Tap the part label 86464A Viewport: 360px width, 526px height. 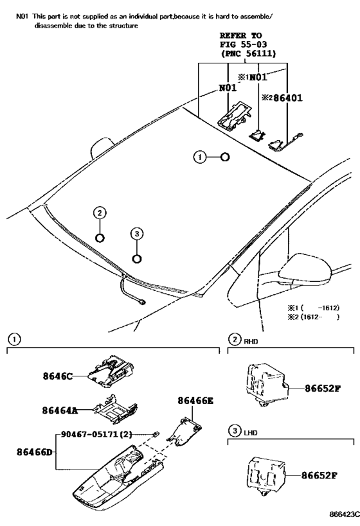tap(60, 410)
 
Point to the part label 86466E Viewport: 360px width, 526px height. tap(195, 400)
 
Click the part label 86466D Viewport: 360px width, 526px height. tap(34, 451)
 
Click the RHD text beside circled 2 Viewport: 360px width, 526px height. tap(251, 341)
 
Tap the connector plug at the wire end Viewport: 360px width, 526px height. tap(139, 301)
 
